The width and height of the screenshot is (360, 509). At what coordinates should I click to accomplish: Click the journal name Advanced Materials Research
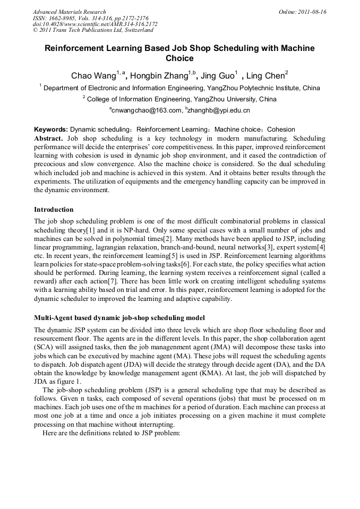tap(70, 12)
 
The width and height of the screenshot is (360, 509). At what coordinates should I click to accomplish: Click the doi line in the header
tap(95, 24)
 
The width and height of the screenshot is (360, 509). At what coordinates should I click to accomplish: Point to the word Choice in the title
tap(179, 58)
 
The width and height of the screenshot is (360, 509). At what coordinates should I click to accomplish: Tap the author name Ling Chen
tap(267, 76)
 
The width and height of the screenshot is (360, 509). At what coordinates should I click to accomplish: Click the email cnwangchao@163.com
tap(145, 110)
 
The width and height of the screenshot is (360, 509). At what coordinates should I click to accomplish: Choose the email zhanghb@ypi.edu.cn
tap(212, 110)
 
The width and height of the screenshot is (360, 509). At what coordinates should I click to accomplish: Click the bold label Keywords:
tap(51, 130)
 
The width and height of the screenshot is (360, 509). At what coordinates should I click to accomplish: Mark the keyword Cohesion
tap(281, 130)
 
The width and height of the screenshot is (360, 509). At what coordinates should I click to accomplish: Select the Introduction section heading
tap(54, 210)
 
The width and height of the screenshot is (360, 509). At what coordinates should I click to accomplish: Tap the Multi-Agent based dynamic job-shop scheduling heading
tap(119, 318)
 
